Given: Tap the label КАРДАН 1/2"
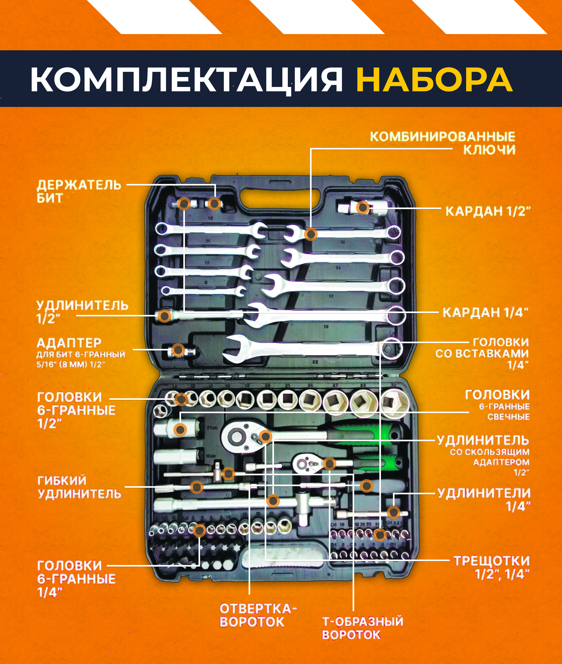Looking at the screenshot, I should pyautogui.click(x=488, y=211).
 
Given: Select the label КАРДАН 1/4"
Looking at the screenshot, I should pyautogui.click(x=485, y=312).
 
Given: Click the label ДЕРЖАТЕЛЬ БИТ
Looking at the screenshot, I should pyautogui.click(x=79, y=191).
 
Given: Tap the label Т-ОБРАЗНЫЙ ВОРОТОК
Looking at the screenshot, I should pyautogui.click(x=362, y=628).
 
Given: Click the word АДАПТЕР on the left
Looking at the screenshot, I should pyautogui.click(x=69, y=343).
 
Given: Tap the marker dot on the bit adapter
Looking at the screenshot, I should pyautogui.click(x=178, y=350).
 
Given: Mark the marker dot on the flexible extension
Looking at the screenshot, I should pyautogui.click(x=196, y=487).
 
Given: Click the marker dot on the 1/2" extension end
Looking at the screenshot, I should pyautogui.click(x=164, y=316).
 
